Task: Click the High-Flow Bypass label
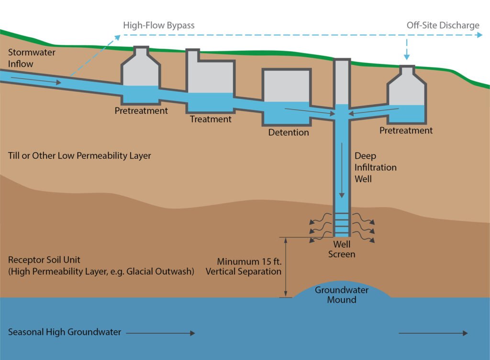point(159,25)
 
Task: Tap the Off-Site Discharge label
point(443,25)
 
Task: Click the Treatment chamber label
point(211,119)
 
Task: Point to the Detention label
point(289,132)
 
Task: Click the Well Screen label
point(341,250)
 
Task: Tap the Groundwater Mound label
point(342,295)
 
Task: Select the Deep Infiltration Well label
point(376,167)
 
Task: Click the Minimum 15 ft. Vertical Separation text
point(249,266)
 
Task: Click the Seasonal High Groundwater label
point(65,332)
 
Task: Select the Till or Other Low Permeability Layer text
point(79,155)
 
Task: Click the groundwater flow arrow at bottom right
point(433,333)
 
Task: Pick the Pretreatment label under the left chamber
point(141,110)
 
